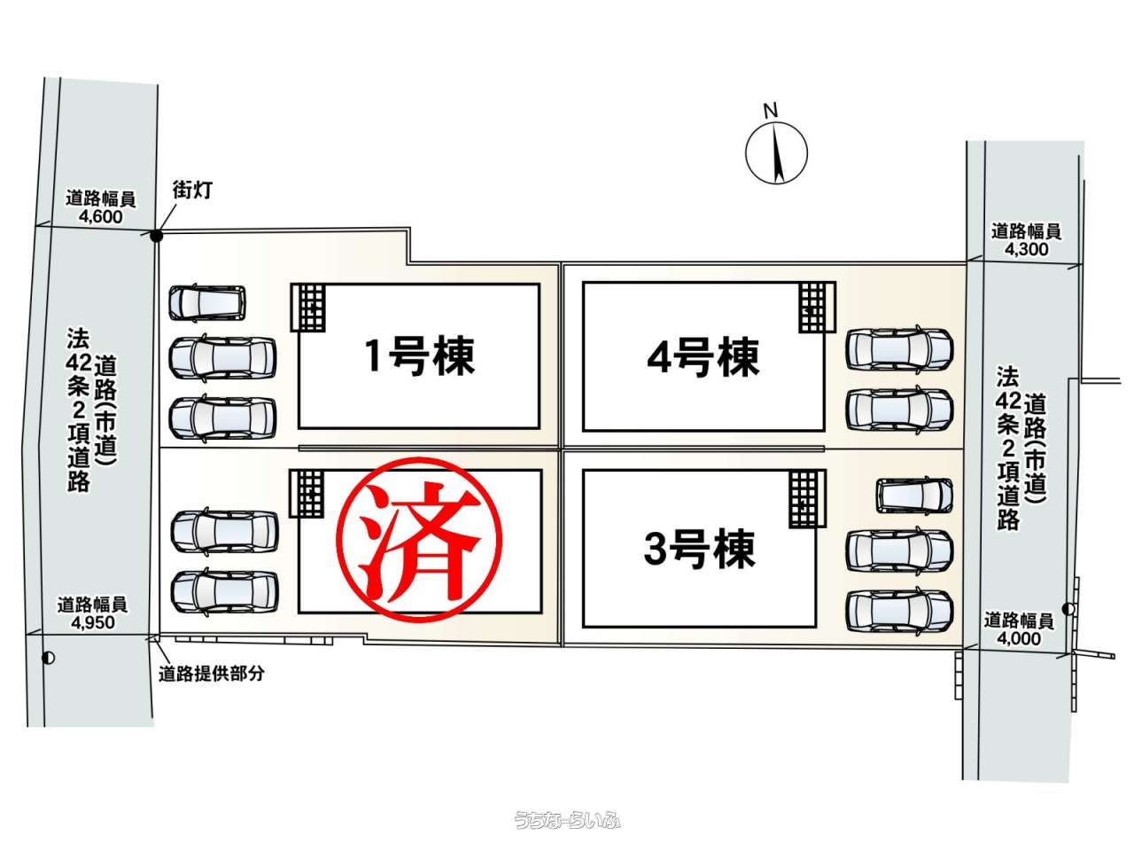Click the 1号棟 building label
click(x=420, y=355)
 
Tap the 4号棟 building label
click(x=703, y=356)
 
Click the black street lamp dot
click(x=156, y=236)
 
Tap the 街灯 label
click(x=192, y=190)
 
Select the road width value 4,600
click(x=101, y=216)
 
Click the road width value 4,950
click(x=93, y=622)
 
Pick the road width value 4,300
click(x=1026, y=249)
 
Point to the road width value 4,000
click(x=1019, y=638)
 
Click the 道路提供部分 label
click(x=212, y=673)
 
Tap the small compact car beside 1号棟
click(x=207, y=303)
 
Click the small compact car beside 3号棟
click(x=914, y=496)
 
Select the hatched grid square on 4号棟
click(x=818, y=307)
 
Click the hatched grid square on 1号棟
click(x=308, y=307)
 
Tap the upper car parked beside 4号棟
click(x=899, y=349)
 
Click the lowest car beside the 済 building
click(x=225, y=591)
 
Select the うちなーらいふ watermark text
click(x=567, y=820)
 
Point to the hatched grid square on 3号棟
click(x=808, y=498)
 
